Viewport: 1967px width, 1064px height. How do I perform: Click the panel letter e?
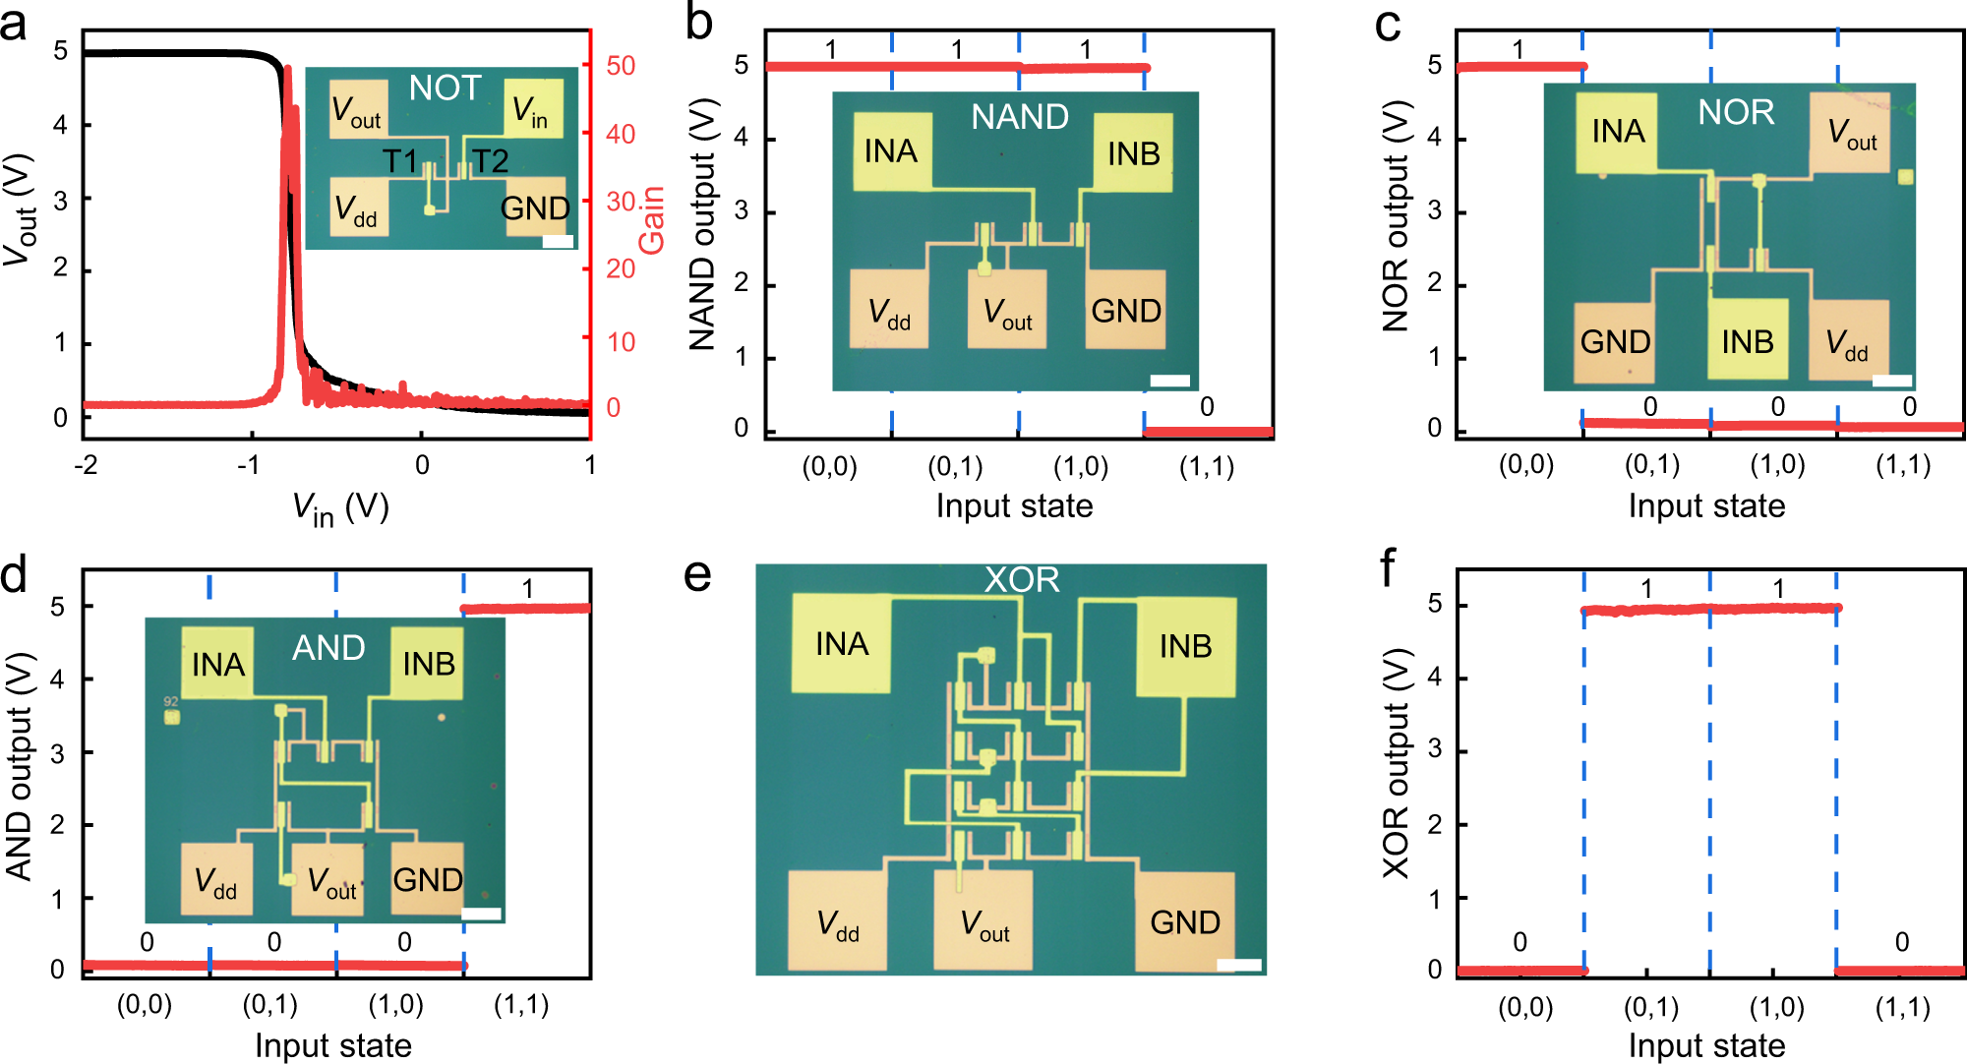click(697, 575)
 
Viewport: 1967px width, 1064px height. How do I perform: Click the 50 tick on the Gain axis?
click(621, 66)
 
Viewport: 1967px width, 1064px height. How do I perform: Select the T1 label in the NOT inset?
click(399, 160)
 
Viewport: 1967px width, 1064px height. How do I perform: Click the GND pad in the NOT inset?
click(535, 207)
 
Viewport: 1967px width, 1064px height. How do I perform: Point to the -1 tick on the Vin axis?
click(248, 464)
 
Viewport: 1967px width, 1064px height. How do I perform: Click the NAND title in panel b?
click(1020, 117)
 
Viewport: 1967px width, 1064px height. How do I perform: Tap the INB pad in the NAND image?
click(1133, 152)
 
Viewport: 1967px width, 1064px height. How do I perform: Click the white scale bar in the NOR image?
click(1891, 381)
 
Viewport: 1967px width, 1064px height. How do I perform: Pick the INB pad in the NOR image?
click(1747, 340)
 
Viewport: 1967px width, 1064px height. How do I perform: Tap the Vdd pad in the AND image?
click(216, 880)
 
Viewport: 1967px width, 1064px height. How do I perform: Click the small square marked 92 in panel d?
click(172, 717)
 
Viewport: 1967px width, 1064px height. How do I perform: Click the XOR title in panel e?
click(1022, 579)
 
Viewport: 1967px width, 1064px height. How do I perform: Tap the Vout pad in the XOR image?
click(983, 920)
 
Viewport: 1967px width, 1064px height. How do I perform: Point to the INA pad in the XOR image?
click(842, 643)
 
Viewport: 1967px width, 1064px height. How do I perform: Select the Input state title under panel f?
click(1706, 1045)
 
